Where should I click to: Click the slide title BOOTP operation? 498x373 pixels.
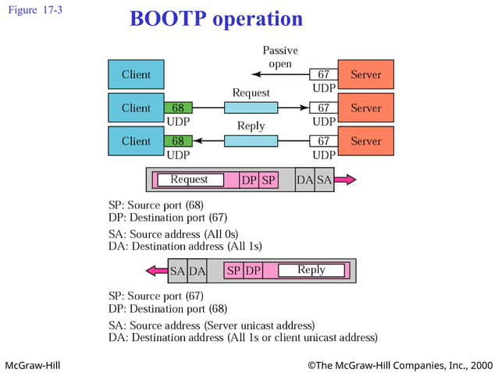[216, 19]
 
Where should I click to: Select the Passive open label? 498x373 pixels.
[279, 56]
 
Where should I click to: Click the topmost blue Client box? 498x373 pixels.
[136, 75]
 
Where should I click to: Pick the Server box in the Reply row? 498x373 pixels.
[365, 141]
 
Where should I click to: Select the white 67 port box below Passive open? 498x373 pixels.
[323, 75]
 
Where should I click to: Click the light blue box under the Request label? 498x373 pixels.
[251, 108]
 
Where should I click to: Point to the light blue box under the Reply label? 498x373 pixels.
[251, 141]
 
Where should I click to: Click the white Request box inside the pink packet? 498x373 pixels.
[190, 179]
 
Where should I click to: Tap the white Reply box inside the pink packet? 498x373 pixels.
[311, 270]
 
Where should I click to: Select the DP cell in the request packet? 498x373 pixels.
[249, 179]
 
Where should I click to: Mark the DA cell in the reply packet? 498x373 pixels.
[197, 271]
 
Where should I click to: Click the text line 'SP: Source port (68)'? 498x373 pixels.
[155, 205]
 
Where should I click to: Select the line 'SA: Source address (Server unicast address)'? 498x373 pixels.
[211, 325]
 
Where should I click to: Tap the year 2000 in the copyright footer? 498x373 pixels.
[482, 364]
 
